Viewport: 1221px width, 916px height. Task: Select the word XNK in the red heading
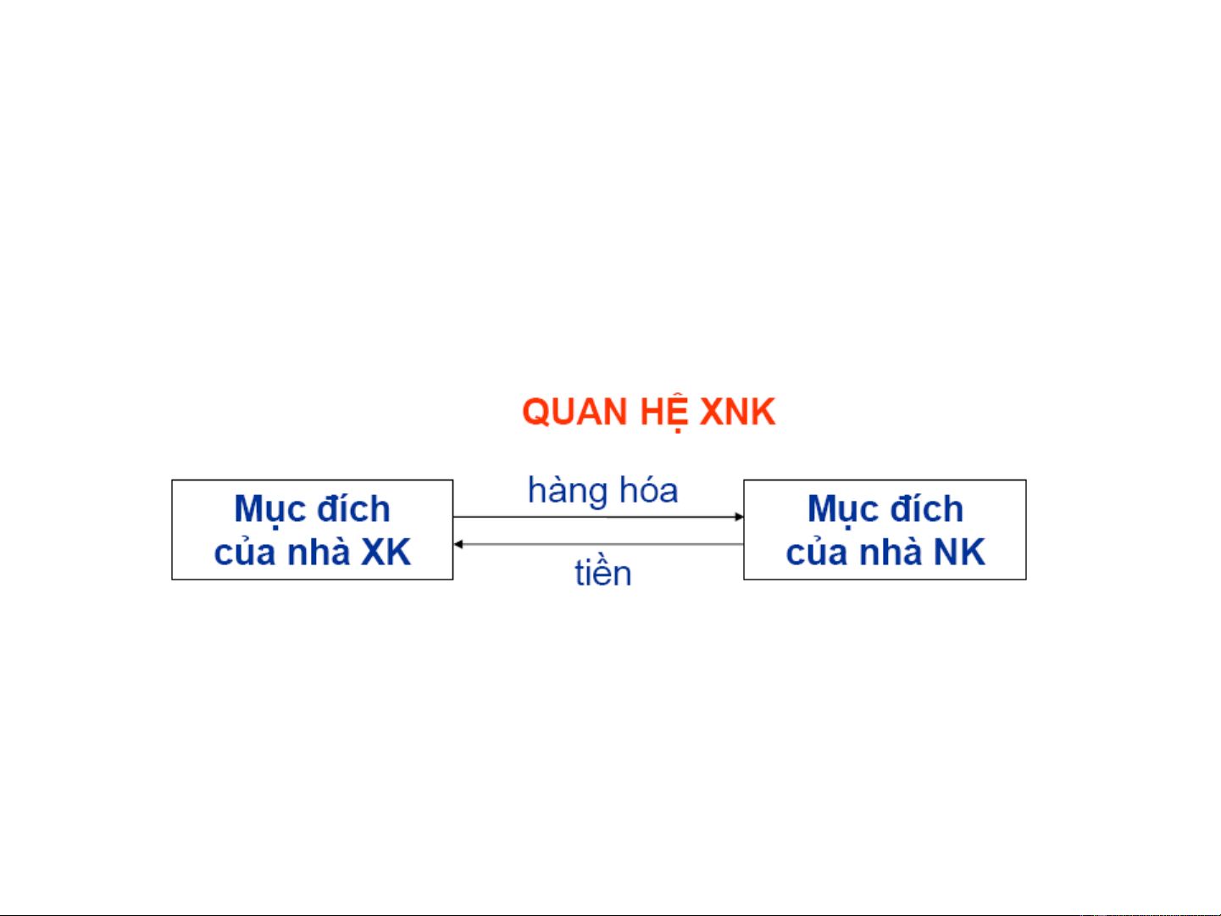737,412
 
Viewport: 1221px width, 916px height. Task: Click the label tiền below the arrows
603,572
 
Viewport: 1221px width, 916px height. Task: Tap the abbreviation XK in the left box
386,552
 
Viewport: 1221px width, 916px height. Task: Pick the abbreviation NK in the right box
959,552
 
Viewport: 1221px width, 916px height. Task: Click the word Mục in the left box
267,510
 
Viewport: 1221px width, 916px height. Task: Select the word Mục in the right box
840,510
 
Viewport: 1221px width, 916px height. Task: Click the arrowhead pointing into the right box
739,517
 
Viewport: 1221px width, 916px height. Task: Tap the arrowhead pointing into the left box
458,544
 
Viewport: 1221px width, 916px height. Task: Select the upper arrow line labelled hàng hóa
598,517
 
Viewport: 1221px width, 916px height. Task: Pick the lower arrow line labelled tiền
598,544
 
